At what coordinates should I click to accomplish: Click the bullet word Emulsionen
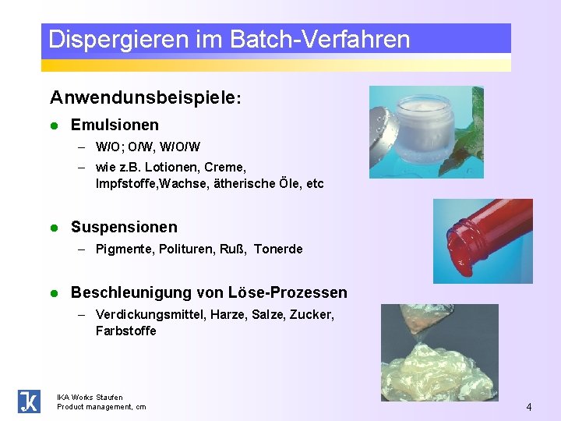pos(115,125)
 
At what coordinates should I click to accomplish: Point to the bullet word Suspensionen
pos(124,227)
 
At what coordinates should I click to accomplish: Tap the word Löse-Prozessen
pos(288,292)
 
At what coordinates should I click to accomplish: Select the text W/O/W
pos(183,147)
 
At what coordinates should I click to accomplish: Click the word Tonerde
pos(278,249)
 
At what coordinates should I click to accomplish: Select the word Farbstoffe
pos(125,331)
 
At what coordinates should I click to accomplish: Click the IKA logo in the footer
pos(29,401)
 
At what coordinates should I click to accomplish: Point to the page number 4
pos(529,407)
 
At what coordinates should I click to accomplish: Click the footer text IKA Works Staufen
pos(90,397)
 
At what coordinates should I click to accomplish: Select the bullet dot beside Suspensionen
pos(54,228)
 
